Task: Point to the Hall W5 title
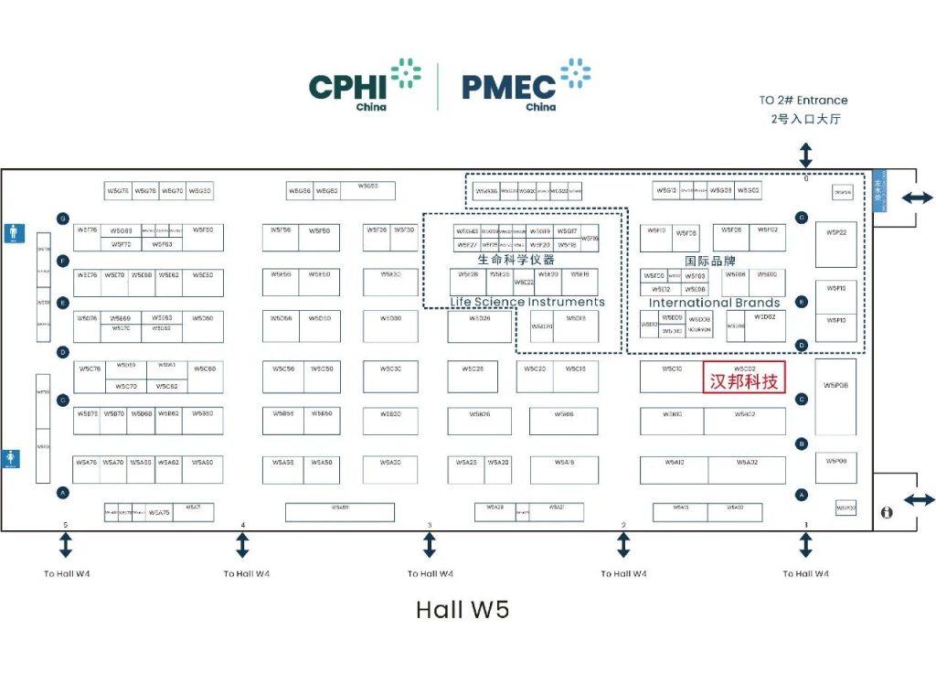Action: pyautogui.click(x=462, y=609)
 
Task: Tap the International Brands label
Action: pyautogui.click(x=715, y=303)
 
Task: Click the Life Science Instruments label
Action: pyautogui.click(x=527, y=302)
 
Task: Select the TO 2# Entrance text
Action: pyautogui.click(x=803, y=101)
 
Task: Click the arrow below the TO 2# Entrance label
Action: pyautogui.click(x=805, y=153)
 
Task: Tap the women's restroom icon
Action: pyautogui.click(x=10, y=457)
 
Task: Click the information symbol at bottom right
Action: pyautogui.click(x=886, y=513)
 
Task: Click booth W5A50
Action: pyautogui.click(x=321, y=463)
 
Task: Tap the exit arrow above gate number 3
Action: pyautogui.click(x=430, y=545)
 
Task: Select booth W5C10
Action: pyautogui.click(x=672, y=369)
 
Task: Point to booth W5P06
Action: pyautogui.click(x=836, y=462)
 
